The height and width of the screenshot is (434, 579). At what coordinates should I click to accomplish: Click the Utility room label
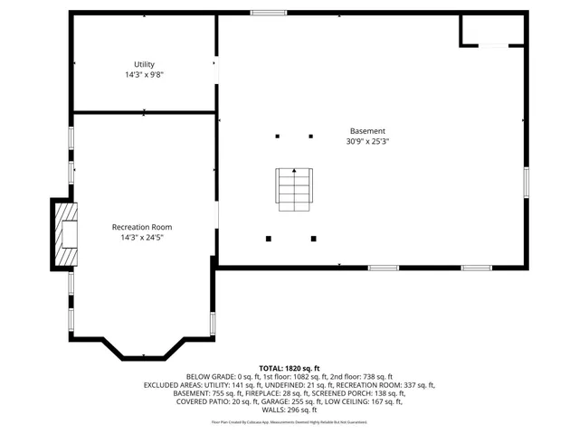click(x=144, y=64)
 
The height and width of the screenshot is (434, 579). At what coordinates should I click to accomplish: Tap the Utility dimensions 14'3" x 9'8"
click(x=144, y=75)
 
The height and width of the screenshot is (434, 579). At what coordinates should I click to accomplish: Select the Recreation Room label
click(x=142, y=227)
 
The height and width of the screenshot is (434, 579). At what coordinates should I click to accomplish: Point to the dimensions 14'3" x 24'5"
click(x=142, y=238)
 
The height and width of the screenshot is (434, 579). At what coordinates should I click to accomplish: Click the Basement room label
click(x=367, y=130)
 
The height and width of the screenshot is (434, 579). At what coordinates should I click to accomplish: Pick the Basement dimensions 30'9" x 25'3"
click(x=367, y=141)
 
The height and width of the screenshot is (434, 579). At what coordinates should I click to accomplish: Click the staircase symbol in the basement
click(x=294, y=188)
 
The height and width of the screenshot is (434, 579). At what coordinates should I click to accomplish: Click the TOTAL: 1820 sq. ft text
click(x=289, y=368)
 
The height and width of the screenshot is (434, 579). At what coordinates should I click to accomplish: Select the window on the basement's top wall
click(x=269, y=13)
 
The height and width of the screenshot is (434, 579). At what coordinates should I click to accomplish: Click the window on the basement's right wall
click(x=526, y=182)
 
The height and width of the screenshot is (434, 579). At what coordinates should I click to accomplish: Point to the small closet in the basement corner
click(x=492, y=30)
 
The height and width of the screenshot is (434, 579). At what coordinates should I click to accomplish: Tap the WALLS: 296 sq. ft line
click(x=289, y=409)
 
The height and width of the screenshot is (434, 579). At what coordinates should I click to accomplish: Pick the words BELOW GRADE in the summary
click(x=209, y=376)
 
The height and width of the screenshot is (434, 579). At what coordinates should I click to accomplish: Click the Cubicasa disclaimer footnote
click(x=289, y=422)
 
